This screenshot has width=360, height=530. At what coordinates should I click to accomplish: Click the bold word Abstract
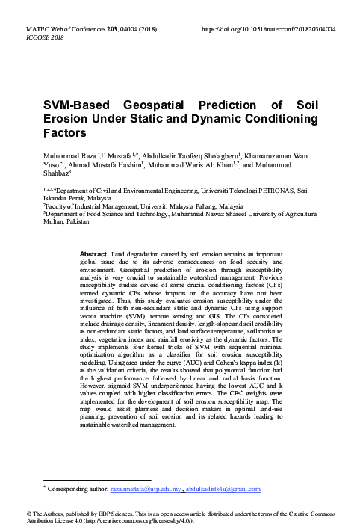pyautogui.click(x=93, y=253)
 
